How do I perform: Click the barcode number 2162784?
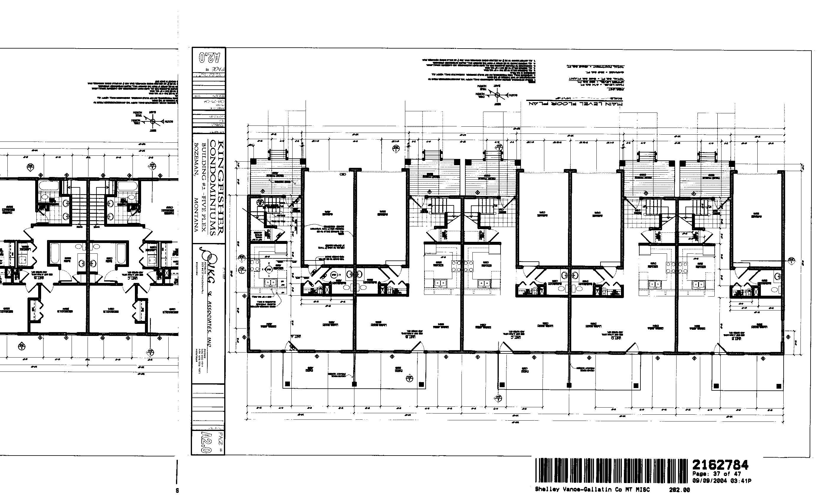tap(720, 465)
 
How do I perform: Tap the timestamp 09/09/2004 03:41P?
tap(722, 481)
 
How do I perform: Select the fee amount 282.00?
tap(679, 490)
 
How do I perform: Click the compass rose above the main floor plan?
tap(497, 95)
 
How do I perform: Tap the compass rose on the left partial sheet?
tap(153, 121)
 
